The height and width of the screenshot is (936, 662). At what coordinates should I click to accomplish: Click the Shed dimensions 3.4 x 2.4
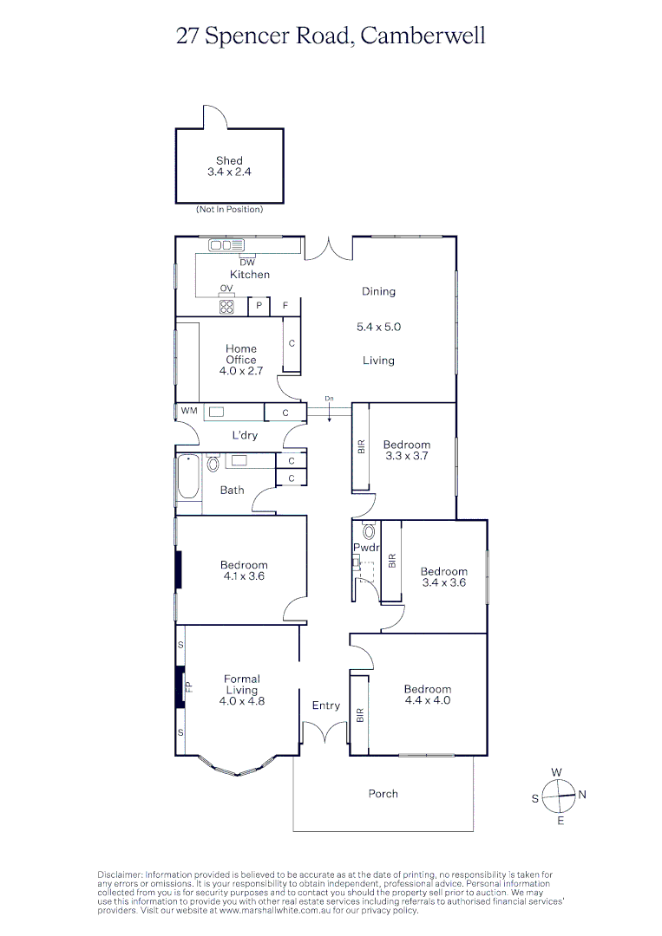coord(230,172)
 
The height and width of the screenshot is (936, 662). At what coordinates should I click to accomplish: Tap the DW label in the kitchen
coord(246,262)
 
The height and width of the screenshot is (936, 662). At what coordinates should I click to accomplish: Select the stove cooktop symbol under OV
coord(226,306)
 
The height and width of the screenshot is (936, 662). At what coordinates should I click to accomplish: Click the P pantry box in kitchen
coord(259,306)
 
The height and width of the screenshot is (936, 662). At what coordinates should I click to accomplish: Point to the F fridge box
coord(285,306)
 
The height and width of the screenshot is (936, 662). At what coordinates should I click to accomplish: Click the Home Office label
coord(241,354)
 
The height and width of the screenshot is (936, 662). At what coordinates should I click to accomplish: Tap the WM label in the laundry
coord(188,411)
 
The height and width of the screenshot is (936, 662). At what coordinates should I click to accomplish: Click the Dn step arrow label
coord(329,399)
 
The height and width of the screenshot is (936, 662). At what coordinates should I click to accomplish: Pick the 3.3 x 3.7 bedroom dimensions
coord(407,456)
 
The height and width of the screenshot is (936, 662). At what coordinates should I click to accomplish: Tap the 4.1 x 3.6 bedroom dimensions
coord(244,576)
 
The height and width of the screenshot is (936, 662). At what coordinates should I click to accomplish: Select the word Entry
coord(326,705)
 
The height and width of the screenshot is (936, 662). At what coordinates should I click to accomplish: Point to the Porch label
coord(383,793)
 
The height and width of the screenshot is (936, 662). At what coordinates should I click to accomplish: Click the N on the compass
coord(582,794)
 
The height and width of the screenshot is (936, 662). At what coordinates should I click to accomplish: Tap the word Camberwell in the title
coord(423,36)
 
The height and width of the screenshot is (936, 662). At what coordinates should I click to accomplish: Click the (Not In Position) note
coord(229,210)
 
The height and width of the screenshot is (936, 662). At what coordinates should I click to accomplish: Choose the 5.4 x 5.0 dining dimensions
coord(378,328)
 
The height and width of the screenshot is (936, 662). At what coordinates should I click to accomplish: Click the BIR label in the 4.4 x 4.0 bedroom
coord(360,716)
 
